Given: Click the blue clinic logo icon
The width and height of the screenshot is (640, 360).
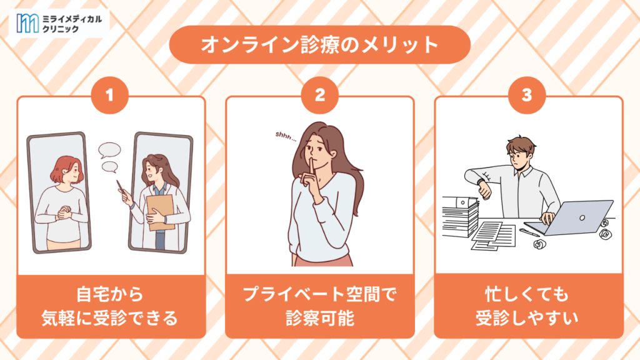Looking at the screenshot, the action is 27,23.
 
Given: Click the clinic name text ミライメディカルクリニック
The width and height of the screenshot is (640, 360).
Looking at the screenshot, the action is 72,24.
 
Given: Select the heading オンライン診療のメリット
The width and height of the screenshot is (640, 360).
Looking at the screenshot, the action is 319,44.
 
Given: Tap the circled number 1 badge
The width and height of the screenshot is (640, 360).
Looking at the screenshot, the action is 109,95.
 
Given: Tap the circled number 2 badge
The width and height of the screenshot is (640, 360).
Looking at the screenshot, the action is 319,95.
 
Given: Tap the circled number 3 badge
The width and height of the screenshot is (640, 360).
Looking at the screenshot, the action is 526,95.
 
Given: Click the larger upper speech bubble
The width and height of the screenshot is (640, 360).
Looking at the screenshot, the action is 109,150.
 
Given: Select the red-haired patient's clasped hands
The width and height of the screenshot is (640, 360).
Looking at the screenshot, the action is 64,212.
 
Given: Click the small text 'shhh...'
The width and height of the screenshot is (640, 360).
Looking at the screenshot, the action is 286,136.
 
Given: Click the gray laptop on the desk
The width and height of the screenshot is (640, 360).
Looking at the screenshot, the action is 569,218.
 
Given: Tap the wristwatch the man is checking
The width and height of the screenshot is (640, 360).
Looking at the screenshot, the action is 482,183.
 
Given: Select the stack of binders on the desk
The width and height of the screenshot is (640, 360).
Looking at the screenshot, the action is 461,216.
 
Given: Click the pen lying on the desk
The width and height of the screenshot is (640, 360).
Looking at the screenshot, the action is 529,232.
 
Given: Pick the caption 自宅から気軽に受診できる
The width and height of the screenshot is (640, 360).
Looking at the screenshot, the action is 110,306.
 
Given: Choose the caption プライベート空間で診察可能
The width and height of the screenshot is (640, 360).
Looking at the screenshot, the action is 319,306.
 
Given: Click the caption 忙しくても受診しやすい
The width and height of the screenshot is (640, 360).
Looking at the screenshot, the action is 526,306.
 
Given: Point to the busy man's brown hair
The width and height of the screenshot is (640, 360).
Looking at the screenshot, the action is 521,144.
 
